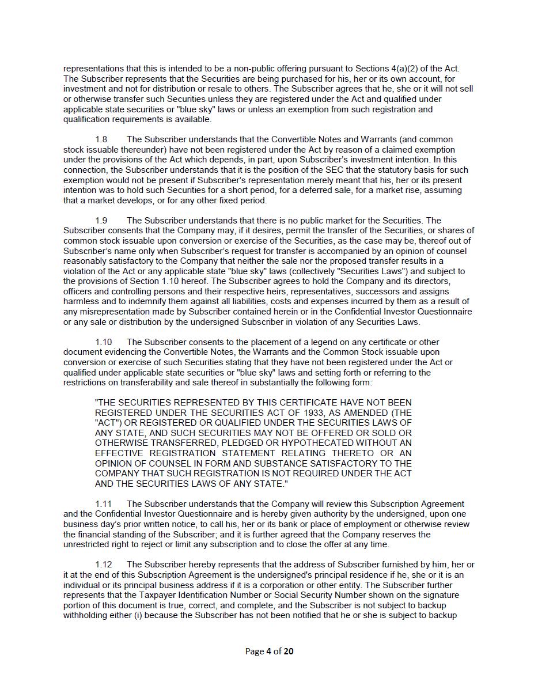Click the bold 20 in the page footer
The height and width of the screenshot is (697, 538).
(289, 651)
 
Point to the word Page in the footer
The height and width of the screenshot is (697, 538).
(255, 651)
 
